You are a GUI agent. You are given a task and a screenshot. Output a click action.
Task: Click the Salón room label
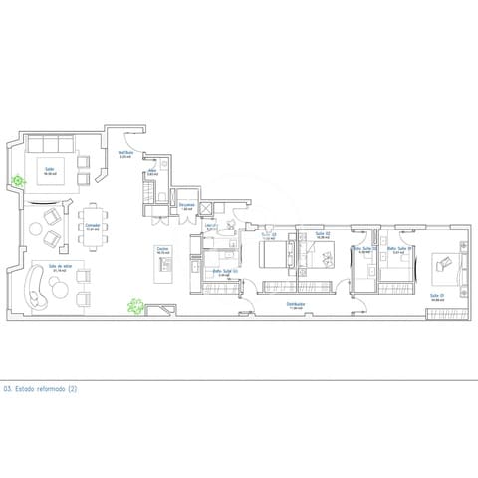pos(48,169)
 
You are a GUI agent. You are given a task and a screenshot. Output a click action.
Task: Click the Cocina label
pos(162,249)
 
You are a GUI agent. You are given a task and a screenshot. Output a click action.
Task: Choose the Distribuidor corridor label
pos(295,303)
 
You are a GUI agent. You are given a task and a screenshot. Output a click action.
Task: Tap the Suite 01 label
pos(436,295)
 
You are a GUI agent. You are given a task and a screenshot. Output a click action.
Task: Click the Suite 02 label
pos(322,236)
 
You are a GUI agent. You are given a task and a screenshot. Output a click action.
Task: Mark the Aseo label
pos(152,171)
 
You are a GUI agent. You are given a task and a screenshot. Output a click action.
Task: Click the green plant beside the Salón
pos(17,180)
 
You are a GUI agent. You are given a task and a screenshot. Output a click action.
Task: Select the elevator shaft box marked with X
pos(207,208)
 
